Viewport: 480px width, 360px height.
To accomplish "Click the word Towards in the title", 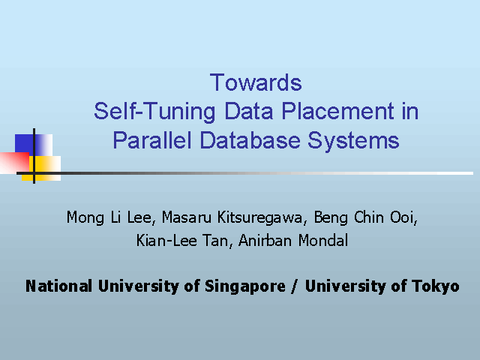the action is [x=256, y=82].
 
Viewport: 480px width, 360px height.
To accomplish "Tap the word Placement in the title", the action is [x=338, y=111].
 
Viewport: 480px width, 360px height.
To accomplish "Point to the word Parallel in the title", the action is [x=152, y=140].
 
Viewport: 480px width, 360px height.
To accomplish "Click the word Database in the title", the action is [x=250, y=140].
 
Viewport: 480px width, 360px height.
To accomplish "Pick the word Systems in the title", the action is [x=353, y=141].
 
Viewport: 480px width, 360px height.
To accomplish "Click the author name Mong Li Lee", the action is [x=109, y=217].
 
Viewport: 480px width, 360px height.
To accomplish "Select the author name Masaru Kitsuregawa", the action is [x=232, y=217].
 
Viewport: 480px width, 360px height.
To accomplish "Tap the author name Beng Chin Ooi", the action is [x=364, y=217].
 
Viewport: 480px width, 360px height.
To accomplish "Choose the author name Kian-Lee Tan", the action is [x=182, y=240].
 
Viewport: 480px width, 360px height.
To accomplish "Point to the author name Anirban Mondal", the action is [x=293, y=240].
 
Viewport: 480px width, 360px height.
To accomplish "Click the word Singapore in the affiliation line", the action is [x=245, y=286].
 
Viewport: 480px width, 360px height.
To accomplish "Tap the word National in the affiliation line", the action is [x=58, y=286].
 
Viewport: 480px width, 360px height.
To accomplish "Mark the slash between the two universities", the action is [x=295, y=286].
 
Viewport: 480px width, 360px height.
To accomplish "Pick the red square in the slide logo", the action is [x=14, y=163].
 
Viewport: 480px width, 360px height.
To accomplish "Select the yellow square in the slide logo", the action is [x=41, y=168].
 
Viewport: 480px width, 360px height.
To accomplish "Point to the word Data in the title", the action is [x=248, y=111].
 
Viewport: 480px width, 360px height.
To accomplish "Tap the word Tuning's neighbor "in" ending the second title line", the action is [x=410, y=111].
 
